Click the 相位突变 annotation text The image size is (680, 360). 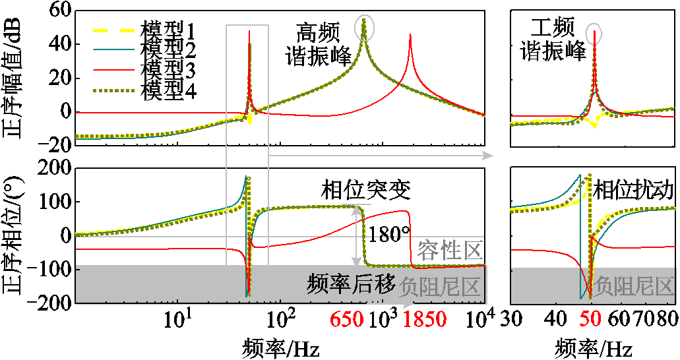click(366, 191)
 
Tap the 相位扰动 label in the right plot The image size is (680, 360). click(633, 191)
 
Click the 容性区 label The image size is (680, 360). click(450, 249)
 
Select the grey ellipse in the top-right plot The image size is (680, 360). click(595, 30)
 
